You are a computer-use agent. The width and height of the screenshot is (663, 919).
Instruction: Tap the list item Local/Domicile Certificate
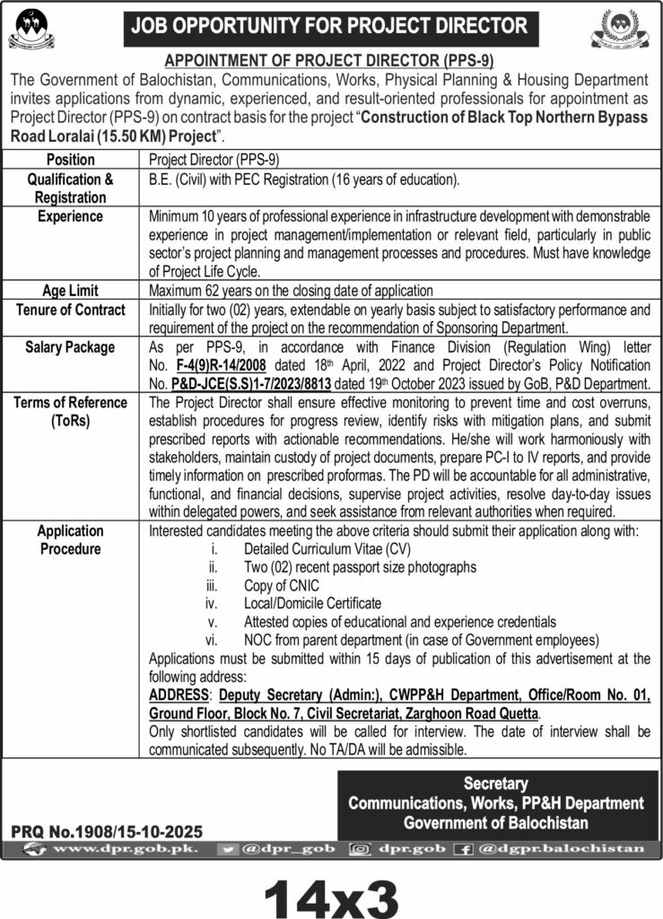pos(312,603)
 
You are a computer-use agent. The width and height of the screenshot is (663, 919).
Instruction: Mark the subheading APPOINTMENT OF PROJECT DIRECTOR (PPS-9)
pos(331,61)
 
